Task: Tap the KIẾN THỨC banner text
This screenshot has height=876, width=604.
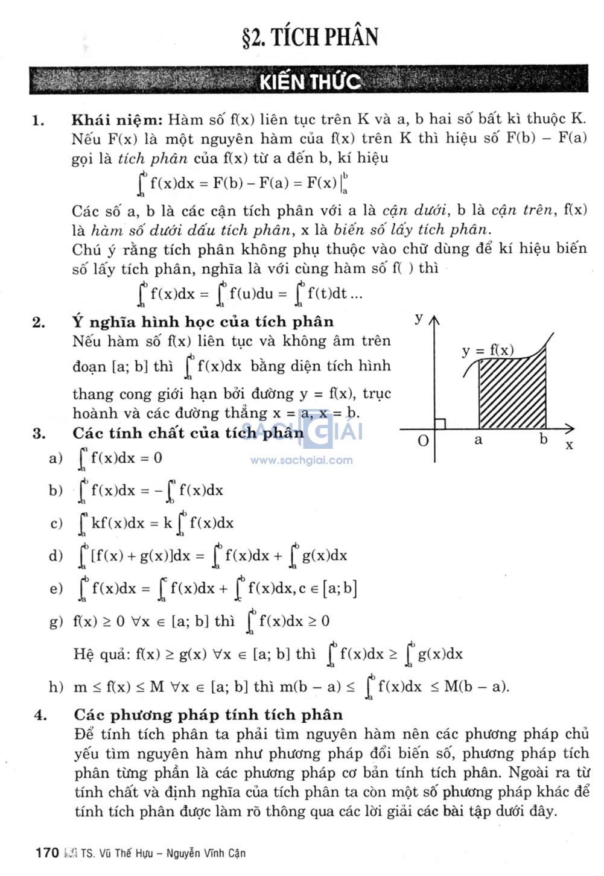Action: click(x=310, y=81)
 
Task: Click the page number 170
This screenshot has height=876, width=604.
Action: click(x=47, y=852)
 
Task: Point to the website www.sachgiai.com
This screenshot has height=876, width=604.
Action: click(x=302, y=460)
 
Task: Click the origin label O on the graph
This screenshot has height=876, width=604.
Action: click(x=424, y=440)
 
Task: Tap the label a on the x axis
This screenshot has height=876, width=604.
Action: click(x=478, y=440)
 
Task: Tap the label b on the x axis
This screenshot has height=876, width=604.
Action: click(x=544, y=439)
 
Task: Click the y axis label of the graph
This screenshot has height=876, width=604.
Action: click(x=419, y=318)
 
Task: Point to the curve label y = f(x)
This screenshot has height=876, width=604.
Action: click(x=488, y=351)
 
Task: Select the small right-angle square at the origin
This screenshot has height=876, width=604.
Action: click(x=440, y=424)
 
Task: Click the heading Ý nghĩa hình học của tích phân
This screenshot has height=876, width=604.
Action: click(x=203, y=322)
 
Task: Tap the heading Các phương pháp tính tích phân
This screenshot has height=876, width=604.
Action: click(x=208, y=715)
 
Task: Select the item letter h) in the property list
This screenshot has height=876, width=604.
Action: click(x=56, y=687)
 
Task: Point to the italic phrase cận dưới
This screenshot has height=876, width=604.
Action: click(x=415, y=211)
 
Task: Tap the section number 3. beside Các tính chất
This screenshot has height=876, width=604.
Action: click(x=39, y=433)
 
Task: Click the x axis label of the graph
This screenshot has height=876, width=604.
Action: click(x=569, y=445)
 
